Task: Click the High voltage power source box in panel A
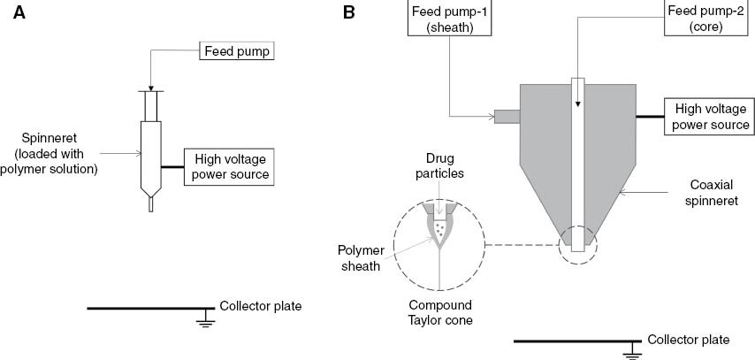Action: coord(226,166)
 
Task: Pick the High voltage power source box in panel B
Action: coord(712,117)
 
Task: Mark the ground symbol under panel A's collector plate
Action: coord(206,319)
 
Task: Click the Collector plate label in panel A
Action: coord(261,307)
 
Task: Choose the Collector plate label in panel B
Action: coord(688,340)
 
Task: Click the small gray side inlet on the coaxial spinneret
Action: coord(507,116)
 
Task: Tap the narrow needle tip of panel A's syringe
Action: coord(150,204)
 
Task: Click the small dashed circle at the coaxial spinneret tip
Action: coord(578,240)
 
